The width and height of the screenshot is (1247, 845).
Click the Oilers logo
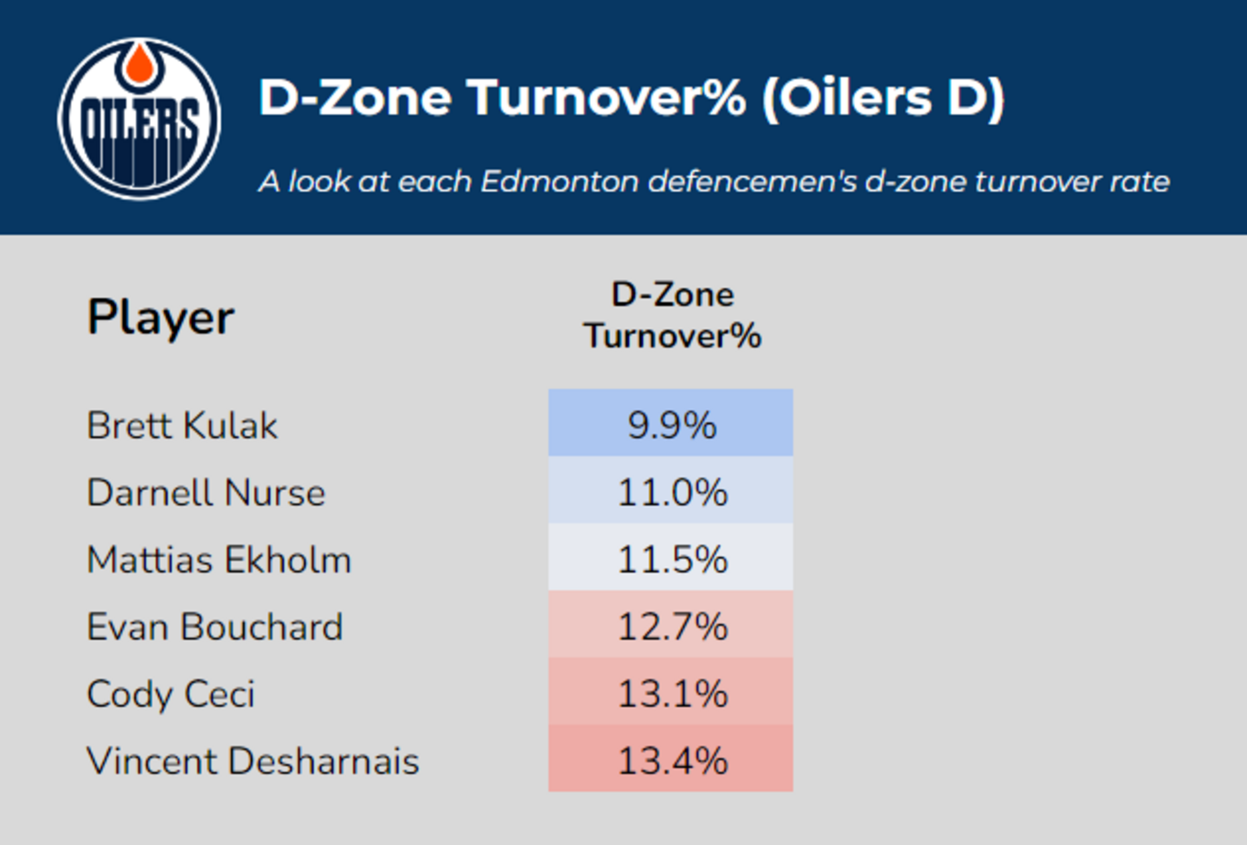139,119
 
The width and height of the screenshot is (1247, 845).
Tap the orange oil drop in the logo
140,63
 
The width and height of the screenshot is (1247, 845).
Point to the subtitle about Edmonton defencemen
714,182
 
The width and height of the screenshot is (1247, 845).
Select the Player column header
161,318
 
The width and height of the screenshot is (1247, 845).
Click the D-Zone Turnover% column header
672,315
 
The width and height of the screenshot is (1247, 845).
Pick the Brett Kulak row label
182,425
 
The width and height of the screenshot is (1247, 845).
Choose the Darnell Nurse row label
206,492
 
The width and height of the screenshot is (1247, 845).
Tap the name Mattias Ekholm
219,560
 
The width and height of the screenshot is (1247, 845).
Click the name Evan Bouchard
214,626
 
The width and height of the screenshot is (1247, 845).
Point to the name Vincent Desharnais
253,761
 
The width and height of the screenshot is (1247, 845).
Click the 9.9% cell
671,422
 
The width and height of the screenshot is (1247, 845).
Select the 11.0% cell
671,490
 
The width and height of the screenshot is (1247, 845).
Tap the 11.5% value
672,560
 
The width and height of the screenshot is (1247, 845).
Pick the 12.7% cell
671,624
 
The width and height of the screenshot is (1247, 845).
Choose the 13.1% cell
671,691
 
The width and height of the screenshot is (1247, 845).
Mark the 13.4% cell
671,758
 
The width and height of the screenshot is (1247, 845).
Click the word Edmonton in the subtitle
560,182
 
